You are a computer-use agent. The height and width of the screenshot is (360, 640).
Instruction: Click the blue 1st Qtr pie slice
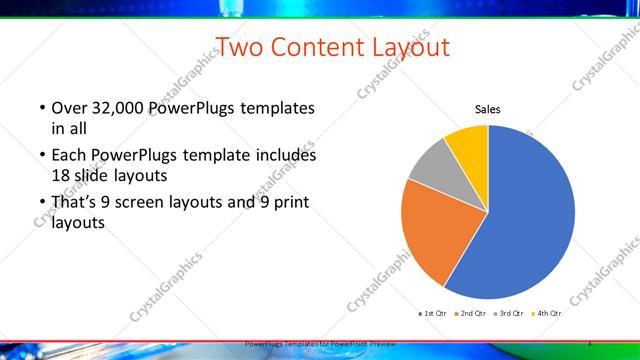(530, 215)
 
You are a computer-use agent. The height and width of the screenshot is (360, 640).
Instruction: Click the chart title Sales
(487, 110)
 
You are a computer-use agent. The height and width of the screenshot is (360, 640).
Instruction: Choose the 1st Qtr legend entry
(434, 313)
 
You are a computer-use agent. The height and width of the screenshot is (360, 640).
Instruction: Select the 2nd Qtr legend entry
(471, 313)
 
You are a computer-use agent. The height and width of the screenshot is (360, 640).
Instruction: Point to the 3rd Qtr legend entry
(509, 313)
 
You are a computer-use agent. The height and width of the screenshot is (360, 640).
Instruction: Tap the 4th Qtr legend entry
(547, 313)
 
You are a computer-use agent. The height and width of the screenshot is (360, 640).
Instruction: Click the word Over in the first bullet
(68, 108)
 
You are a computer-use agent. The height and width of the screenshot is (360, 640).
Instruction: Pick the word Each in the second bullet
(68, 156)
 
